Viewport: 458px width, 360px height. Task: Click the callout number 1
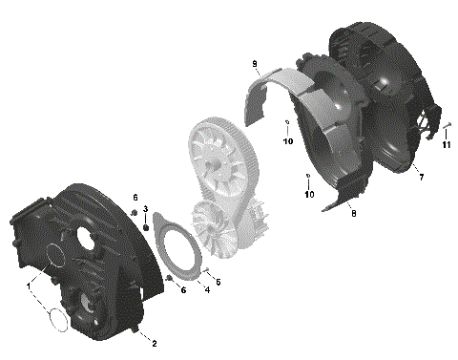pos(30,284)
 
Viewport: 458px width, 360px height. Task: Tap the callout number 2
pos(155,341)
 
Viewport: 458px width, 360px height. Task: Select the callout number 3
pos(145,209)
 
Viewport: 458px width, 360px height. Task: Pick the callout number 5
pos(219,282)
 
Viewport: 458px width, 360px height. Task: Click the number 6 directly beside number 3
pos(135,197)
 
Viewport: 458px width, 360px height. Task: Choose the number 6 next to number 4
pos(183,289)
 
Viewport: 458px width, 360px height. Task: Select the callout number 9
pos(256,64)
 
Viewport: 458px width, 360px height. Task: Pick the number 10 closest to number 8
pos(308,195)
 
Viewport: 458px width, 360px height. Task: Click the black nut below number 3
pos(145,227)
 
